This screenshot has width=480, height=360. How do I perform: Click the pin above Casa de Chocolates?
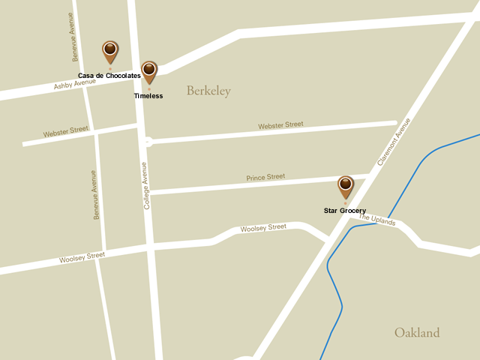[x=110, y=52]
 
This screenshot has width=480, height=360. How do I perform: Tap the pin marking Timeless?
[x=149, y=71]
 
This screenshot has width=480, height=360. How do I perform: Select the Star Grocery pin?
[x=345, y=186]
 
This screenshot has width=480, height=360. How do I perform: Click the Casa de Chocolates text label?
[x=109, y=76]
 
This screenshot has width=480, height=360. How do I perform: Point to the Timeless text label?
[x=148, y=96]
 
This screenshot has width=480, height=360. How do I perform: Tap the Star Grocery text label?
[x=345, y=211]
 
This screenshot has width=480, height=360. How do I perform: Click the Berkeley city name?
[x=208, y=91]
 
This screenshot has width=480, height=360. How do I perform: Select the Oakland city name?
[x=417, y=332]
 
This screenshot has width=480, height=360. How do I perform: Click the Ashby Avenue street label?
[x=75, y=85]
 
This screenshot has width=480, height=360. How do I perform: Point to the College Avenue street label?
[x=146, y=185]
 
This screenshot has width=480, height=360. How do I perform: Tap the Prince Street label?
[x=265, y=178]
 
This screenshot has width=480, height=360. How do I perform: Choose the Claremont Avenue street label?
[x=394, y=142]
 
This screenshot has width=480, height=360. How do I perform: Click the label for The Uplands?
[x=376, y=219]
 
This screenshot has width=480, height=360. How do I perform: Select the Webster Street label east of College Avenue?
[x=280, y=125]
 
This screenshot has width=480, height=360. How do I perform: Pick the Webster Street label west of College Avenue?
[x=65, y=133]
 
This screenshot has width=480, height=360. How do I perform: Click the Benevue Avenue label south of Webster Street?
[x=94, y=195]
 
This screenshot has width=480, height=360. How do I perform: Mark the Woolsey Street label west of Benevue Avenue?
[x=82, y=258]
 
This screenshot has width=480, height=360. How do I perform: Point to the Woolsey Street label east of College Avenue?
[x=263, y=227]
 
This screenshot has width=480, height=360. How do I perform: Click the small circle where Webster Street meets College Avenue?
[x=148, y=141]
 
